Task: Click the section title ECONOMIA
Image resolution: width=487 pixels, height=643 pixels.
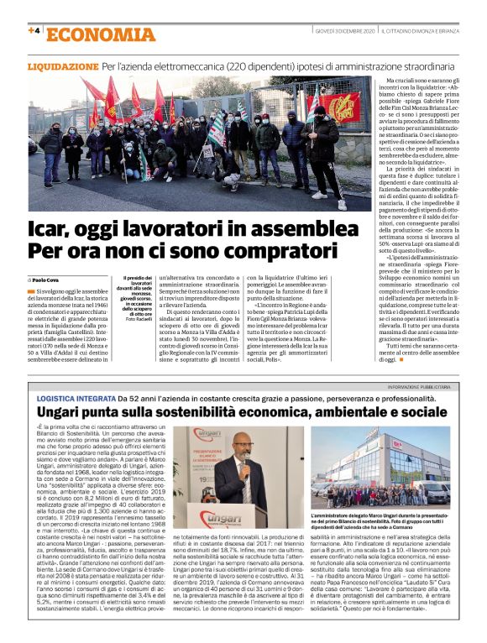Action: tap(100, 34)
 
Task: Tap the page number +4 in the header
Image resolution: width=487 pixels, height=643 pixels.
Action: tap(34, 31)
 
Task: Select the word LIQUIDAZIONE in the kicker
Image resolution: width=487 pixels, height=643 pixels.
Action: tap(64, 65)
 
